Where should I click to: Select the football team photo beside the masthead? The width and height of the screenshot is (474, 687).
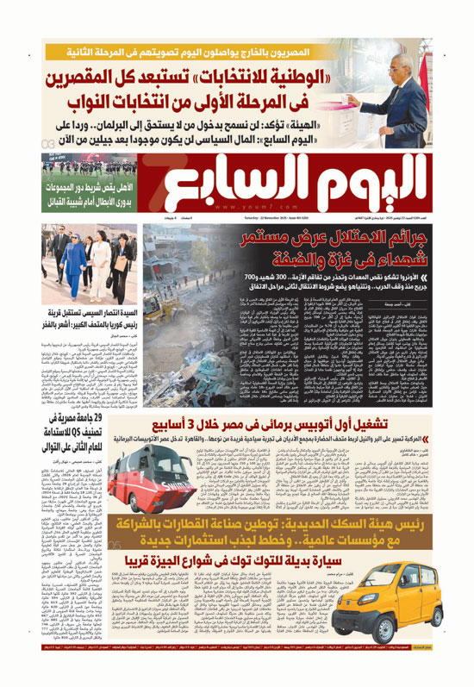(x=84, y=160)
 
